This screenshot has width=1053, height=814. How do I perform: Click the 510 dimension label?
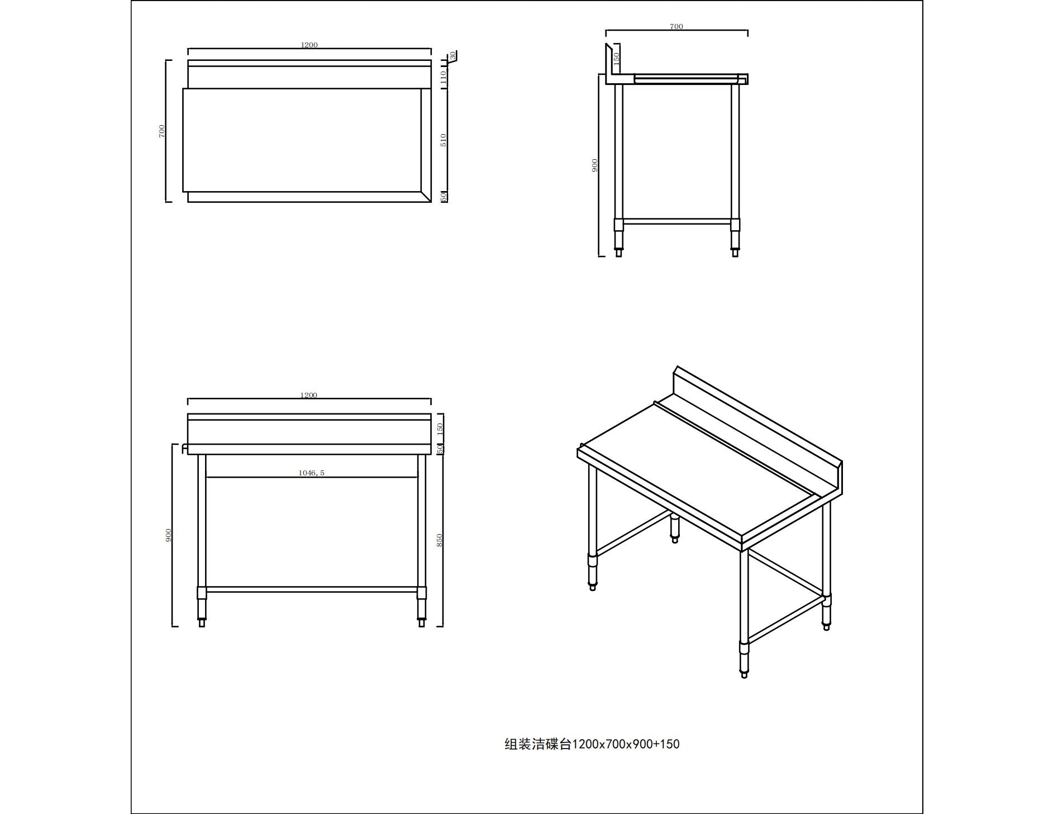pyautogui.click(x=444, y=140)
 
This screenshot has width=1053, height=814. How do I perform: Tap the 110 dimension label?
pyautogui.click(x=444, y=76)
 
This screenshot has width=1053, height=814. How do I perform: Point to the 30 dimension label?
pyautogui.click(x=452, y=55)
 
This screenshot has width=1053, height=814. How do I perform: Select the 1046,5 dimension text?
pyautogui.click(x=311, y=473)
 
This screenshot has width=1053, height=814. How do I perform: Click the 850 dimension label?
pyautogui.click(x=440, y=540)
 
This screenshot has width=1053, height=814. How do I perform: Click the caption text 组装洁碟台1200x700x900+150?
pyautogui.click(x=592, y=744)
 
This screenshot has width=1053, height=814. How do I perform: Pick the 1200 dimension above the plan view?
pyautogui.click(x=309, y=45)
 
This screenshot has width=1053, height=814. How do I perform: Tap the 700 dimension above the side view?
pyautogui.click(x=676, y=26)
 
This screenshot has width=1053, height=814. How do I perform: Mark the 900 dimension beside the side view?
pyautogui.click(x=594, y=165)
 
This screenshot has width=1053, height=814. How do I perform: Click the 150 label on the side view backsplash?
pyautogui.click(x=616, y=57)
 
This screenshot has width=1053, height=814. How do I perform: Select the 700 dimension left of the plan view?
pyautogui.click(x=162, y=131)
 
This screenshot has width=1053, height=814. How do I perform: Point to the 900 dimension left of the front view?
pyautogui.click(x=169, y=535)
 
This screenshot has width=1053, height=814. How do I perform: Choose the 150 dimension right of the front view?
pyautogui.click(x=440, y=429)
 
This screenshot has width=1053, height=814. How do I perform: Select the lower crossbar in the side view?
pyautogui.click(x=676, y=222)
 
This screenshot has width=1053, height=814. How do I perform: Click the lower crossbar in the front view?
pyautogui.click(x=312, y=589)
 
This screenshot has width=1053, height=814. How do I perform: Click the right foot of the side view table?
pyautogui.click(x=735, y=252)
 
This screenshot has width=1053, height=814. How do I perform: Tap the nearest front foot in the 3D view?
pyautogui.click(x=744, y=673)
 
